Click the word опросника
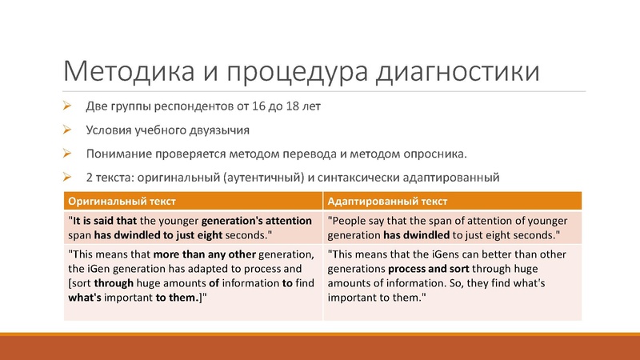click(437, 153)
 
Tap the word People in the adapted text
click(352, 218)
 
